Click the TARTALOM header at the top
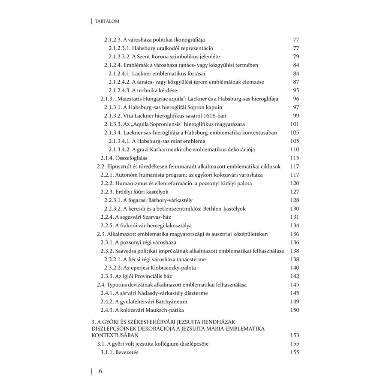pos(107,21)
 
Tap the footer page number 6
pos(100,371)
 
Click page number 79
pos(296,56)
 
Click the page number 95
pos(296,90)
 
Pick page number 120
pos(294,183)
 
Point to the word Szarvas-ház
pos(156,217)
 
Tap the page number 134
pos(294,225)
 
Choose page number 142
pos(294,276)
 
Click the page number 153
pos(294,335)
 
